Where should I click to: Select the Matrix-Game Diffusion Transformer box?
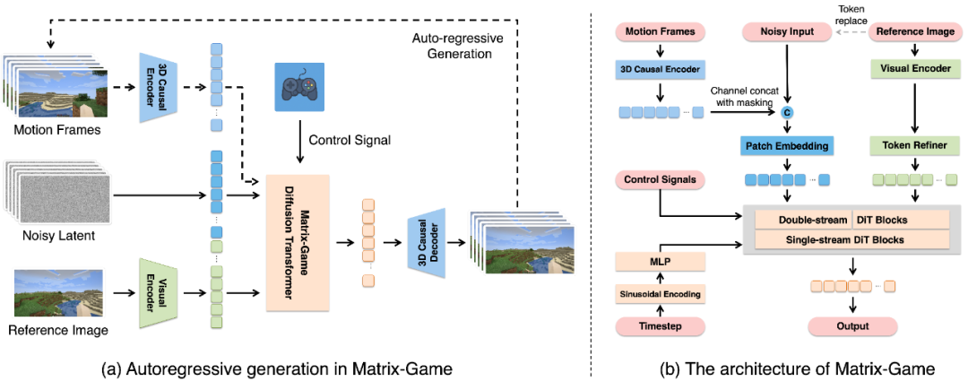(298, 242)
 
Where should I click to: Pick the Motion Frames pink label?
(661, 31)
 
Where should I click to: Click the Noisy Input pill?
(788, 31)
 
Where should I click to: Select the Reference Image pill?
(914, 31)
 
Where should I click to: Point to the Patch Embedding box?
(787, 145)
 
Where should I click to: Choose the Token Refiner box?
(914, 144)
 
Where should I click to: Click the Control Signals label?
(661, 179)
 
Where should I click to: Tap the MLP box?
(661, 261)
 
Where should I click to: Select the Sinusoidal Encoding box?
(661, 293)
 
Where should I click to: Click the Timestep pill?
(661, 326)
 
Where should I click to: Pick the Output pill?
(852, 326)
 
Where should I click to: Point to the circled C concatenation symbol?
(787, 112)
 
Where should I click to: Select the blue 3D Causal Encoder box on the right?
(661, 68)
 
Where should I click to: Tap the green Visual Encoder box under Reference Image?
(914, 68)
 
